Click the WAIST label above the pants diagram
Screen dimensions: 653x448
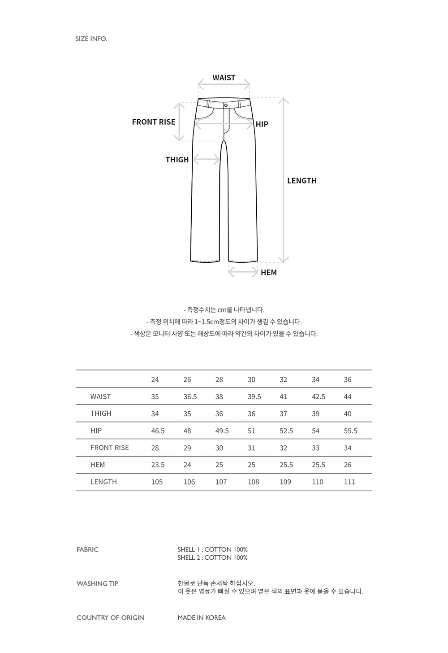pyautogui.click(x=224, y=78)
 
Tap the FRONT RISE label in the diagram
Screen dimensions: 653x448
pyautogui.click(x=153, y=122)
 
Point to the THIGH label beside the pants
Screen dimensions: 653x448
pyautogui.click(x=177, y=160)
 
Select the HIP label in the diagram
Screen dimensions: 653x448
pyautogui.click(x=262, y=124)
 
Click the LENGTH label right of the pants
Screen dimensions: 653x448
pyautogui.click(x=302, y=181)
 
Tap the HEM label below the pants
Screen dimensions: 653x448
pyautogui.click(x=268, y=272)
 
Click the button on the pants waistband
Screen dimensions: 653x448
pyautogui.click(x=226, y=104)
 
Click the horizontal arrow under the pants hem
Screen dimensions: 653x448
pyautogui.click(x=243, y=272)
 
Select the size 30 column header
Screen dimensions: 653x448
pyautogui.click(x=251, y=379)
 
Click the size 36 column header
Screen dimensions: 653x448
pyautogui.click(x=348, y=379)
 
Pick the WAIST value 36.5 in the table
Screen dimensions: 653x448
pyautogui.click(x=190, y=396)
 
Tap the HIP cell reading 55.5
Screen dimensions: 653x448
pyautogui.click(x=350, y=431)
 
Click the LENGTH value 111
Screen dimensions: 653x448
pyautogui.click(x=349, y=482)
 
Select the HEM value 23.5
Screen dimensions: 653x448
pyautogui.click(x=158, y=465)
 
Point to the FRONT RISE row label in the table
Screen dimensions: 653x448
pyautogui.click(x=109, y=448)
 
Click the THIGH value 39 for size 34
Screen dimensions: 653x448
pyautogui.click(x=315, y=414)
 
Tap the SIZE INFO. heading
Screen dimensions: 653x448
pyautogui.click(x=91, y=39)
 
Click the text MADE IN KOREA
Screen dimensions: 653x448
pyautogui.click(x=201, y=618)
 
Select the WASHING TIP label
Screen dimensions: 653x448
pyautogui.click(x=97, y=583)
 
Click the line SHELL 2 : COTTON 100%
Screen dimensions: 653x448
pyautogui.click(x=212, y=557)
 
